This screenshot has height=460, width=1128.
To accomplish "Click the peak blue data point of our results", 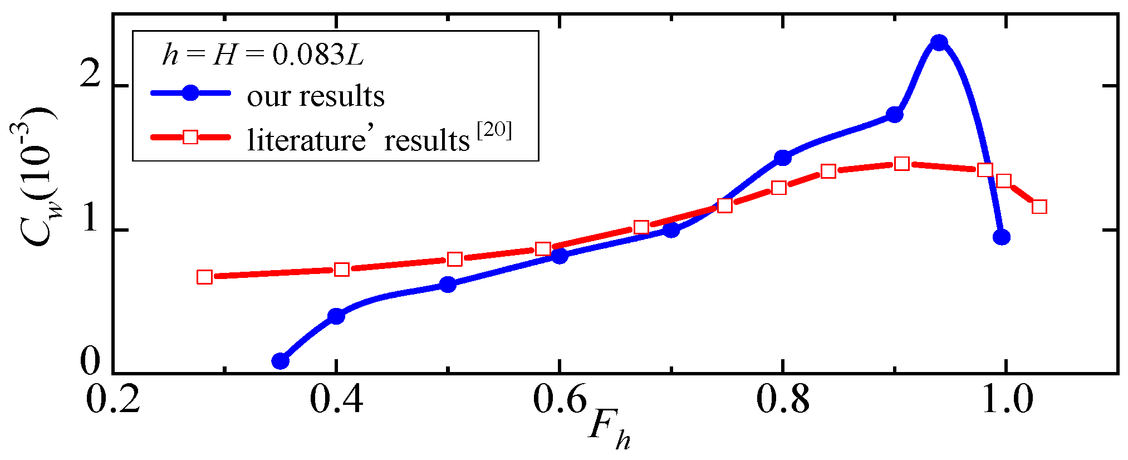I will click(x=939, y=43).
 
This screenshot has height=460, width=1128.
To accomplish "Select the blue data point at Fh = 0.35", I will click(x=281, y=361).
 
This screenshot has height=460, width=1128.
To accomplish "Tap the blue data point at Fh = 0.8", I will click(x=783, y=158).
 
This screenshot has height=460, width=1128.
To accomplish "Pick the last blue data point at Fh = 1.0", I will click(x=1002, y=237).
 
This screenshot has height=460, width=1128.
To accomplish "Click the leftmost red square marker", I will click(x=205, y=277).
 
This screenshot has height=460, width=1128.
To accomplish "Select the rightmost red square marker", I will click(x=1039, y=207).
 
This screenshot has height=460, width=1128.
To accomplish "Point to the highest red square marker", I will click(x=902, y=163).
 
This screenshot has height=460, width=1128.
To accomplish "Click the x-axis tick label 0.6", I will click(x=559, y=400).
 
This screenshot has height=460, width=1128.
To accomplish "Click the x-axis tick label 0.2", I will click(x=113, y=400).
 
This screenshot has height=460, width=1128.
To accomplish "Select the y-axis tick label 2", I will click(x=90, y=74).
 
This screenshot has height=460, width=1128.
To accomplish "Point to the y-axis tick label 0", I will click(x=90, y=362).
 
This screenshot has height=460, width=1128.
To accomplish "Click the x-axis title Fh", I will click(x=609, y=430).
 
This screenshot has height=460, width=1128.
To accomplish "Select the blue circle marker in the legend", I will click(x=190, y=93).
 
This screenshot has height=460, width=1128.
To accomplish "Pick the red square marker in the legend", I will click(x=190, y=136).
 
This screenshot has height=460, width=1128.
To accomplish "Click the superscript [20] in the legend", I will click(x=494, y=130).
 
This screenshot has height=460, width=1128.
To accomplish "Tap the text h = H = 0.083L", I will click(x=263, y=55).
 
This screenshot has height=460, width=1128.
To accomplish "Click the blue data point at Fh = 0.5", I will click(x=448, y=285).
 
